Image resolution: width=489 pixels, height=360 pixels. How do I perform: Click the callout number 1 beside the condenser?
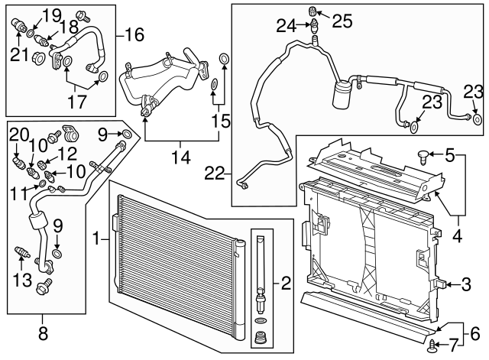click(96, 240)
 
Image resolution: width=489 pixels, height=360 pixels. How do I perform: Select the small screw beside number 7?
click(434, 345)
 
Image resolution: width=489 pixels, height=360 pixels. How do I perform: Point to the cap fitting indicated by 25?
click(313, 11)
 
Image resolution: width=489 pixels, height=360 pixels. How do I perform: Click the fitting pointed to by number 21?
click(18, 28)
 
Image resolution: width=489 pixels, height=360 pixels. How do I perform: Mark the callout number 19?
click(51, 15)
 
